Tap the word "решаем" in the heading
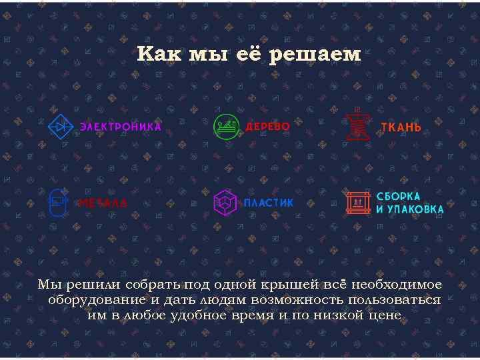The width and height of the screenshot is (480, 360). [315, 55]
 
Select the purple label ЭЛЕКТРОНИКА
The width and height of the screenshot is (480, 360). [121, 127]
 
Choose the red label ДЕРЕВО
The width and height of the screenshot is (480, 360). [268, 127]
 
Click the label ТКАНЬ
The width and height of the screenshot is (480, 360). [401, 127]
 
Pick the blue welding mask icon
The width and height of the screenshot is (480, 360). [58, 202]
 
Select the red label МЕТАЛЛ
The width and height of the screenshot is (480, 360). [102, 203]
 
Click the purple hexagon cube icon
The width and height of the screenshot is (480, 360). [225, 203]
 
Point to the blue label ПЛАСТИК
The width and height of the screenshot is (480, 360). [268, 203]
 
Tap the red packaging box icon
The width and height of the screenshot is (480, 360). [358, 203]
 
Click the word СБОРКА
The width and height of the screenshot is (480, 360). [399, 196]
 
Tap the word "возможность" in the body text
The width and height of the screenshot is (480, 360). [289, 300]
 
